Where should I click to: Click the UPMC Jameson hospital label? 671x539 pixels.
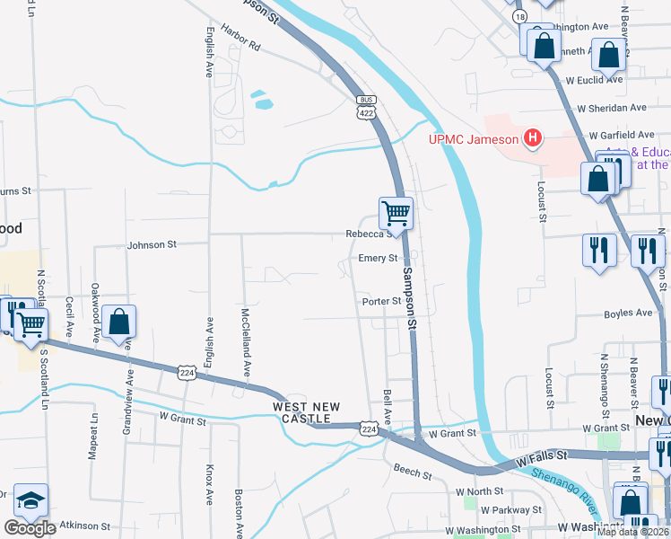point(474,138)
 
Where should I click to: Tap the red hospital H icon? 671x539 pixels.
point(533,138)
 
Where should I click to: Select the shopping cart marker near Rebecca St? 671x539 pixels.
point(396,214)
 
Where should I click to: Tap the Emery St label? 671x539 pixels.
point(378,259)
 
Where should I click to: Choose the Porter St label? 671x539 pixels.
point(381,302)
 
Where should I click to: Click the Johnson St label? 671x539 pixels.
point(152,243)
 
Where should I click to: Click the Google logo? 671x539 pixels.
point(30,527)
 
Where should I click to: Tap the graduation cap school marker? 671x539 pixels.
point(31,501)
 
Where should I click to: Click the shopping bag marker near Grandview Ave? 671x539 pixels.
point(118,322)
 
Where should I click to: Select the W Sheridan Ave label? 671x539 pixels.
point(612,108)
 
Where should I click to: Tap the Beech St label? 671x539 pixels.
point(413,470)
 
